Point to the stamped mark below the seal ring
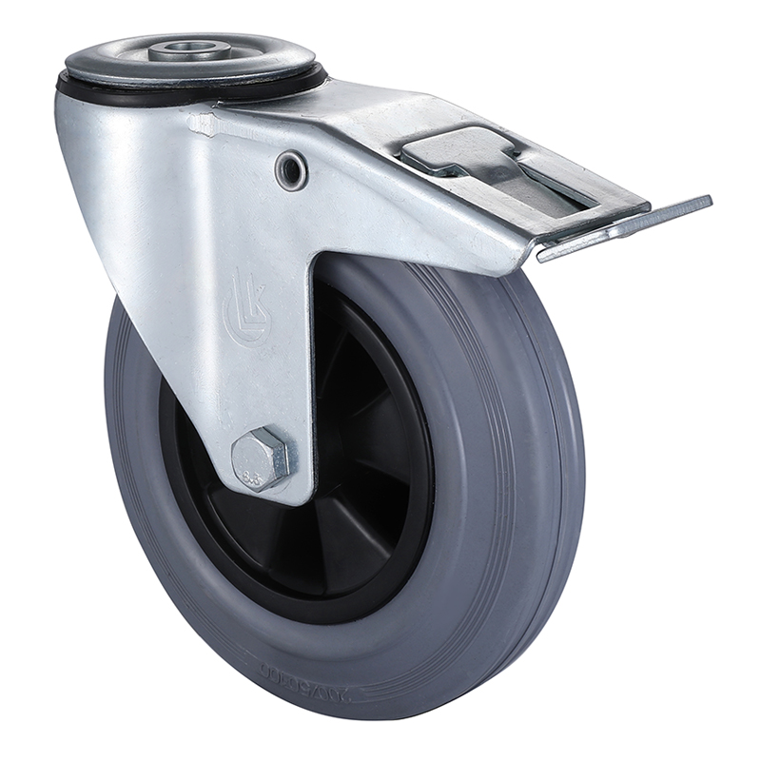click(x=202, y=124)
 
